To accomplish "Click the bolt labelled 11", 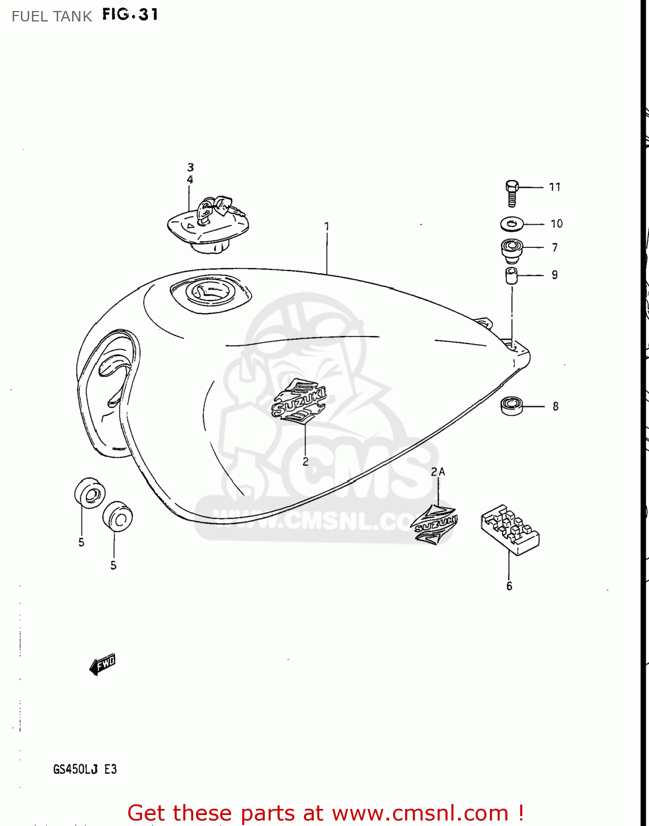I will [x=512, y=193].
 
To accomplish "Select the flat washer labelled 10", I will [x=512, y=224].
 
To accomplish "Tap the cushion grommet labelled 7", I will [x=511, y=249].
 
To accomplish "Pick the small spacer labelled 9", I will [x=511, y=275].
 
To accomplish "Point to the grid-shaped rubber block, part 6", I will [x=510, y=528].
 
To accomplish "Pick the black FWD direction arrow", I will [x=102, y=665].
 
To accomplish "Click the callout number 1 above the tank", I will [x=327, y=226].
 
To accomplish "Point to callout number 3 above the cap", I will [x=190, y=167].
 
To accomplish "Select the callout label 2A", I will [x=438, y=472].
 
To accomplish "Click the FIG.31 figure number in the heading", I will [x=130, y=15].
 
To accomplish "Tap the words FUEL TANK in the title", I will [x=52, y=17].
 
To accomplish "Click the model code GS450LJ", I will [x=75, y=769].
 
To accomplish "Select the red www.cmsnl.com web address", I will [x=420, y=813].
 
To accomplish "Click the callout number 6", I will [x=509, y=586].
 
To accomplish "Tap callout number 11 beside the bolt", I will [x=555, y=187].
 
